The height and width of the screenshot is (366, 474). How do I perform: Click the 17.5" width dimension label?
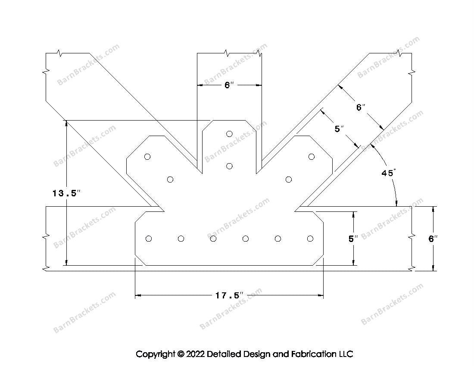(x=229, y=295)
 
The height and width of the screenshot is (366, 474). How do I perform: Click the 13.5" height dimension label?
(x=66, y=193)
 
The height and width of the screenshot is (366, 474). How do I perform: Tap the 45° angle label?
(x=388, y=173)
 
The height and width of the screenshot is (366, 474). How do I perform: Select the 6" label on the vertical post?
(x=229, y=85)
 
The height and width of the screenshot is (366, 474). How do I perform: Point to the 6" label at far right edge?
(x=433, y=239)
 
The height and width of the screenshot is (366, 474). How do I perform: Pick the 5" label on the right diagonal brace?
(x=339, y=128)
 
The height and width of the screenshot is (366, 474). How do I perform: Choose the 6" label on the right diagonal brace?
(x=361, y=107)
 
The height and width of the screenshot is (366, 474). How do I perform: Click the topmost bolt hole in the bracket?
(x=229, y=134)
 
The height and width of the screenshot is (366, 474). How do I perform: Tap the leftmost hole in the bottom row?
(x=149, y=239)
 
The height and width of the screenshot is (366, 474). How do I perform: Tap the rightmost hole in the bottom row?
(x=310, y=239)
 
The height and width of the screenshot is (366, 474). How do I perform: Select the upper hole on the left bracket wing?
(x=147, y=157)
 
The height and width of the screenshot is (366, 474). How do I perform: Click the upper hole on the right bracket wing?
(x=311, y=157)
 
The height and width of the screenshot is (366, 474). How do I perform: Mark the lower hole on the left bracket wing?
(x=170, y=179)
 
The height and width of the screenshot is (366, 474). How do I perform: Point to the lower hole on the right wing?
(x=289, y=179)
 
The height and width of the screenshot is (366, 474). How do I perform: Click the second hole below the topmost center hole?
(x=229, y=166)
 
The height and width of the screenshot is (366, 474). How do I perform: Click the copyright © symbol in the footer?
(x=180, y=354)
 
